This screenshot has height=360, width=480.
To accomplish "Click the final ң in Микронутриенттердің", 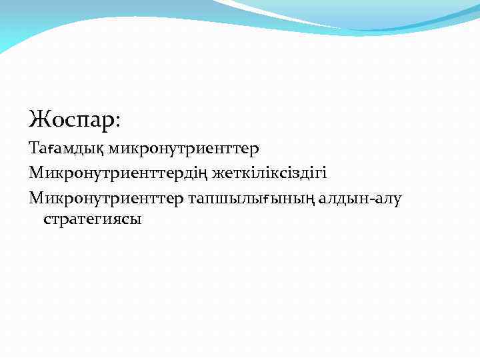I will (205, 174).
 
